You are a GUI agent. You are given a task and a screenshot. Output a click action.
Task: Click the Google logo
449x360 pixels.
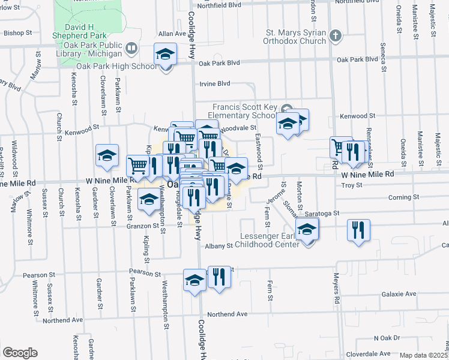[19, 353]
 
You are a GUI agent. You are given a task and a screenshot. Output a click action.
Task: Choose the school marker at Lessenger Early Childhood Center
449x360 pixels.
[307, 230]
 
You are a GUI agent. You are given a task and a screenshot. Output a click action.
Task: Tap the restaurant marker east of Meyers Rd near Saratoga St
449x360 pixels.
[358, 230]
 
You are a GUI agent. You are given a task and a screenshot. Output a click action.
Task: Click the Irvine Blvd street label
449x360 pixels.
[214, 84]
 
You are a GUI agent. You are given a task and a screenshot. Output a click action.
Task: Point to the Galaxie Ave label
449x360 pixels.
[399, 294]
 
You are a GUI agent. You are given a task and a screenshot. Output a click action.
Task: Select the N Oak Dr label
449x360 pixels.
[386, 338]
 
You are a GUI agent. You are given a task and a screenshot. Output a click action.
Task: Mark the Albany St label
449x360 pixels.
[218, 246]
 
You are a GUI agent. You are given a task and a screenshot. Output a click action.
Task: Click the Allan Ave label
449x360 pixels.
[173, 34]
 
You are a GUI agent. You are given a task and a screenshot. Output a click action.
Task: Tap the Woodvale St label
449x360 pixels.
[238, 128]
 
